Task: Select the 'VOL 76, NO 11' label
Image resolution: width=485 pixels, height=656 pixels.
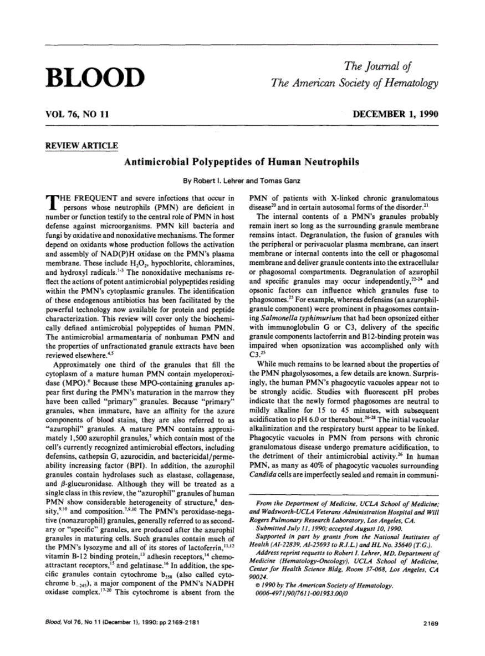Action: (76, 115)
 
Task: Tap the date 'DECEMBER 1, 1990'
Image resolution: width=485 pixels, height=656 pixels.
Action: (396, 115)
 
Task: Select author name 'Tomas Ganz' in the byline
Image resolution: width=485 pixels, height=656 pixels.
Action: (280, 181)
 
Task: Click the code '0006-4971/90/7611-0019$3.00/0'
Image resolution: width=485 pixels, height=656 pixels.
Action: (308, 593)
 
